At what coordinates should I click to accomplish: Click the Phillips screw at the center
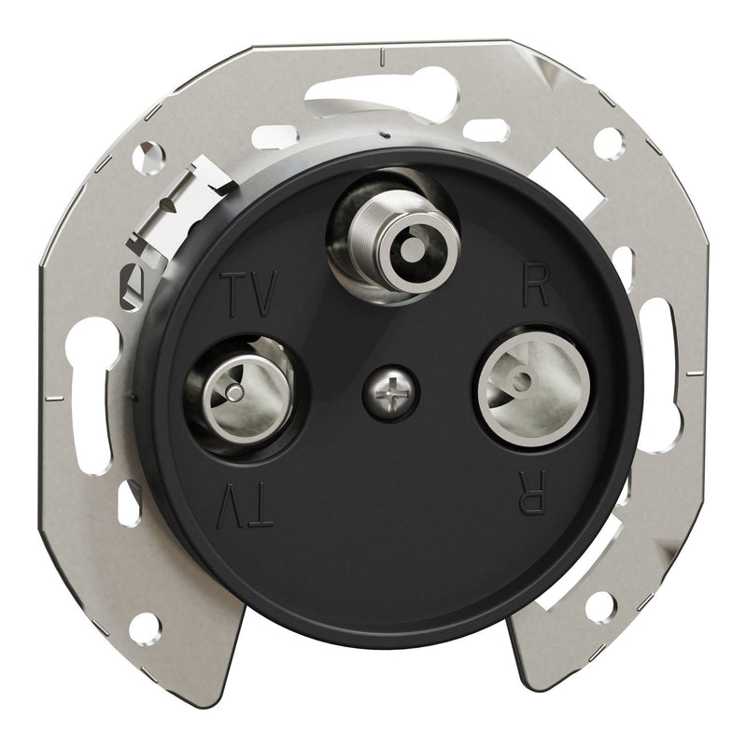[x=391, y=393]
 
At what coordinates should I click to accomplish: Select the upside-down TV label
[x=246, y=505]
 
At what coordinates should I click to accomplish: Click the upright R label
[x=536, y=285]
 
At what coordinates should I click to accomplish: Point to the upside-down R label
[x=532, y=493]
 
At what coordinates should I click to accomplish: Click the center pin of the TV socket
[x=234, y=392]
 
